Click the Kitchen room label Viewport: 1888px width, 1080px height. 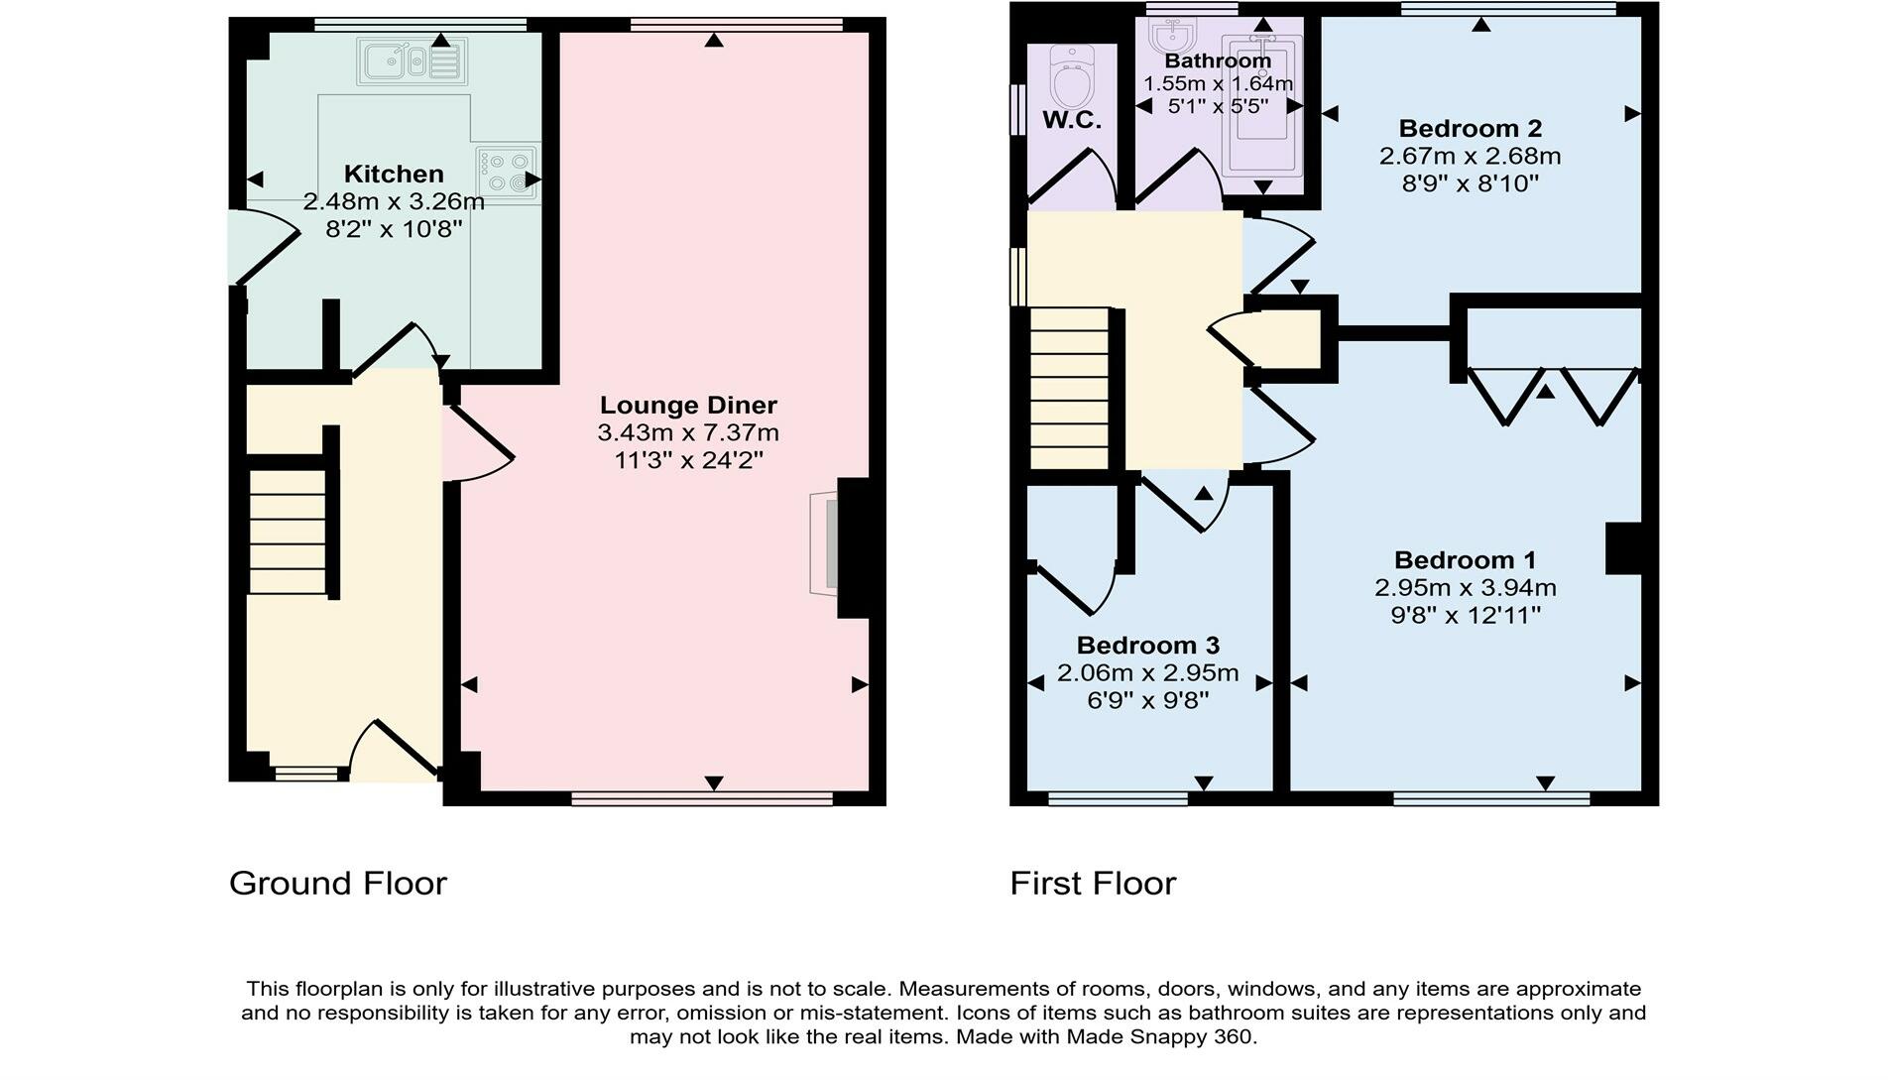click(x=394, y=175)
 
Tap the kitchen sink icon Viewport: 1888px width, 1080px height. click(x=411, y=61)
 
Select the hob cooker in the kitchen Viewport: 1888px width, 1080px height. click(x=507, y=172)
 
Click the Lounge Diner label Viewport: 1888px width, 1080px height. click(x=688, y=406)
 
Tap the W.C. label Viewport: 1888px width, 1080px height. click(x=1072, y=121)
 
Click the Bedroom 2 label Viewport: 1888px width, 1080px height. click(x=1470, y=129)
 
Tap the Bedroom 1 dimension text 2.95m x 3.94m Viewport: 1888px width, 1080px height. click(x=1466, y=588)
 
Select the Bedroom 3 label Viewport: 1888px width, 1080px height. click(x=1148, y=647)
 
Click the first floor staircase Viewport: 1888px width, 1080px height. click(x=1069, y=389)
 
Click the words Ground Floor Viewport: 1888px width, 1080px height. click(x=338, y=884)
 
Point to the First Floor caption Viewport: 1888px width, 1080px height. click(x=1093, y=884)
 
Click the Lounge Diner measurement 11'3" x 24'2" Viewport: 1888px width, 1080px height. click(x=688, y=460)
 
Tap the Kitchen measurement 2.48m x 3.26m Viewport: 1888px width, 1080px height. click(x=394, y=202)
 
